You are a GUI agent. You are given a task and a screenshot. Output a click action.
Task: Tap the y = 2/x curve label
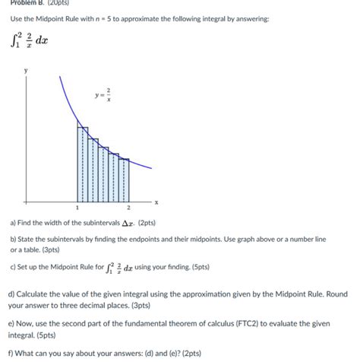coord(103,97)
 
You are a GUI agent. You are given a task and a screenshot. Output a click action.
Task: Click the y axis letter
coord(25,69)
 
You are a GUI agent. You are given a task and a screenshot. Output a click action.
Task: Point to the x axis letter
coord(156,202)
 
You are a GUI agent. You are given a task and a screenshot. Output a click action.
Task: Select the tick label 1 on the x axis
coord(77,208)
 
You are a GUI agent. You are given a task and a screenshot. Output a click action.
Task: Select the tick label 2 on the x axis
coord(128,208)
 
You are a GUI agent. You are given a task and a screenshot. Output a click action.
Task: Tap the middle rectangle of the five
coord(103,173)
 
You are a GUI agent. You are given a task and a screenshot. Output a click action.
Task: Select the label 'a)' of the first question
coord(12,225)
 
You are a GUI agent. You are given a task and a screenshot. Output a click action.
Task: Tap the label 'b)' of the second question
coord(12,239)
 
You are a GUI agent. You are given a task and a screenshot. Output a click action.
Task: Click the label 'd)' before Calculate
coord(12,294)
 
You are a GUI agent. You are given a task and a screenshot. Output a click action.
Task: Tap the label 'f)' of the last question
coord(11,352)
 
